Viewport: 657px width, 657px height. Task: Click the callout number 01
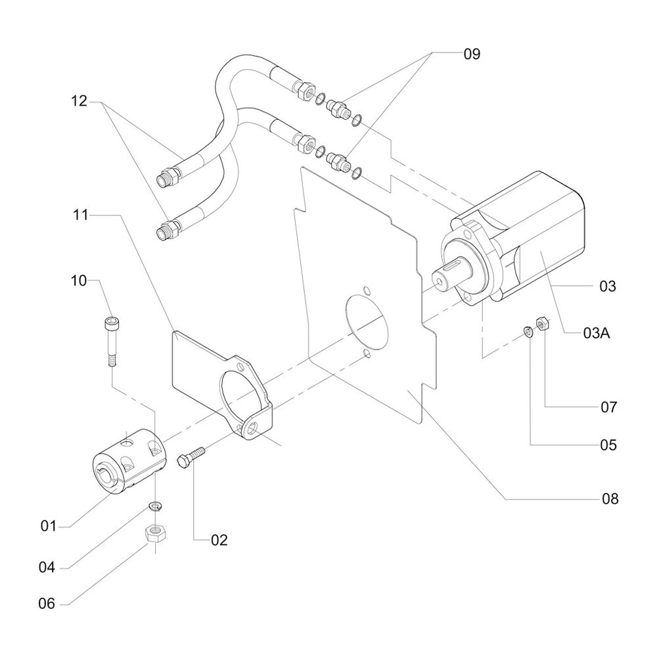click(x=49, y=526)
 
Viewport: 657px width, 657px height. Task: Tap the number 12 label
click(x=79, y=101)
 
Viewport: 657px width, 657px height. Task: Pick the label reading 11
click(x=80, y=214)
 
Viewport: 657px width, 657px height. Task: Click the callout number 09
click(x=472, y=54)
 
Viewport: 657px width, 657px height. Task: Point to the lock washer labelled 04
click(x=155, y=507)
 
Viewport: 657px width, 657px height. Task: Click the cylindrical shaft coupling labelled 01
click(x=128, y=460)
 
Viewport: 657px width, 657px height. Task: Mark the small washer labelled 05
click(x=528, y=330)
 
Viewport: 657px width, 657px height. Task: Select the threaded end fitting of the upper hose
click(x=167, y=177)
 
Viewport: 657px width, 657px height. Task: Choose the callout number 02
click(x=219, y=541)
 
